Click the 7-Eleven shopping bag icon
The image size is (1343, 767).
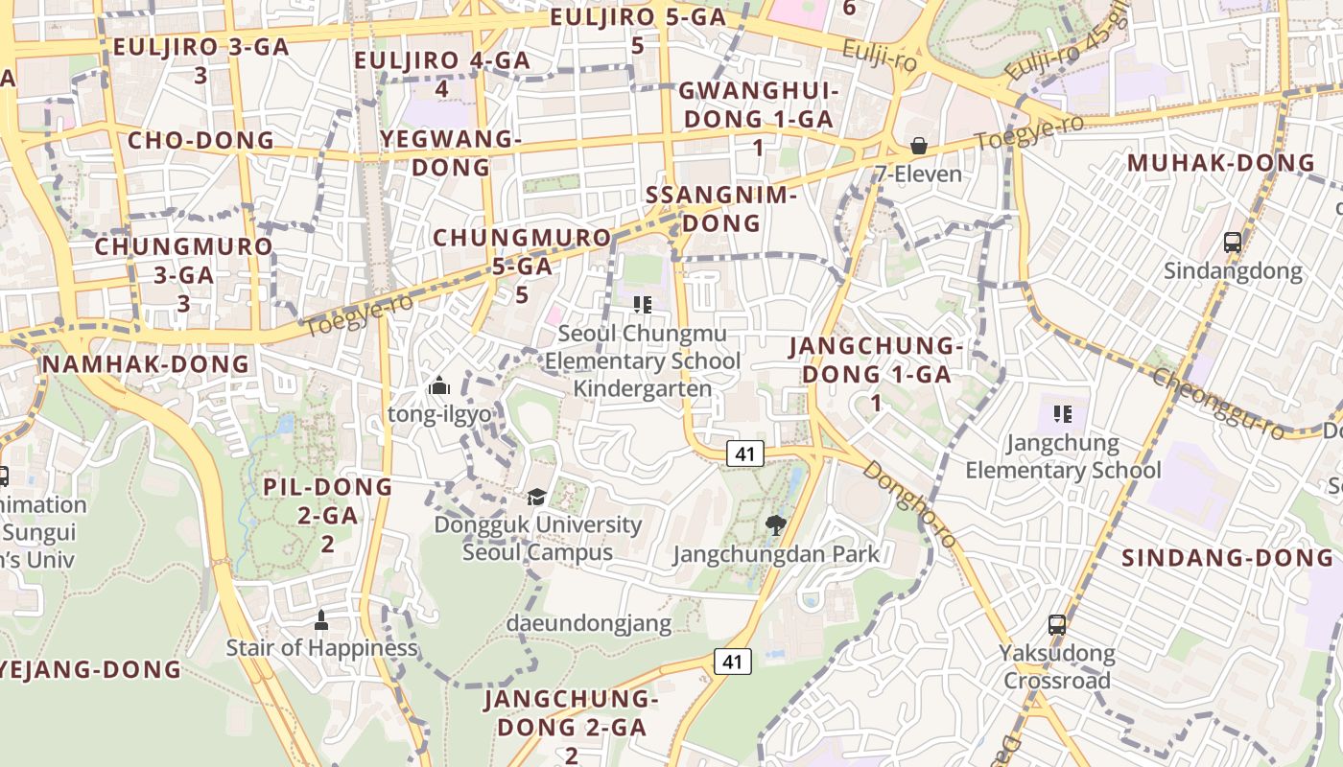pos(918,146)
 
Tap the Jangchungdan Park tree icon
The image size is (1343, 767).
pos(776,524)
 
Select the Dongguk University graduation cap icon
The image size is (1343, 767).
pos(536,497)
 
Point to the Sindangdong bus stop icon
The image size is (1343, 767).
pos(1233,243)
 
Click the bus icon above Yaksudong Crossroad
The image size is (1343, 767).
pos(1056,625)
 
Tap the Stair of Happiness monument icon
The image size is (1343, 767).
pos(321,619)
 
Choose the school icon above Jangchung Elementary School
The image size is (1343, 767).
pos(1062,414)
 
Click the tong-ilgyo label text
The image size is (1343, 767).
pos(439,414)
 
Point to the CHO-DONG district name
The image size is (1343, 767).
pos(201,140)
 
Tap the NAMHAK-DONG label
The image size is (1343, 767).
pos(146,364)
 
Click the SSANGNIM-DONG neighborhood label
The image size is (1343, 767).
pos(721,209)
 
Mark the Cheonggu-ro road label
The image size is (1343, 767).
pos(1217,404)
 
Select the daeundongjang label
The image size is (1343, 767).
pos(589,623)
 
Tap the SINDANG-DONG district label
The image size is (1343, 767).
pos(1228,557)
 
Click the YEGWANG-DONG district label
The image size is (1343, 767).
pos(450,152)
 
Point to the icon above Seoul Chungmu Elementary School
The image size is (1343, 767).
pos(642,305)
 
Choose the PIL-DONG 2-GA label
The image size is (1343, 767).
pos(328,515)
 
